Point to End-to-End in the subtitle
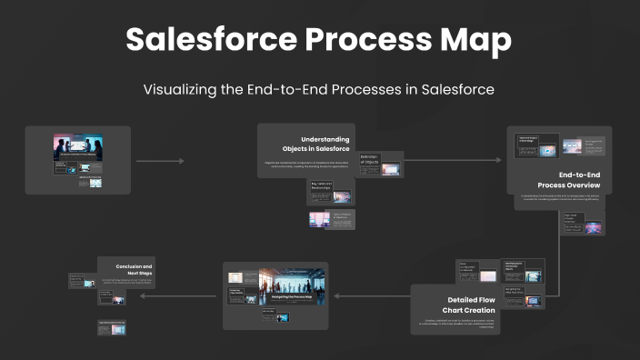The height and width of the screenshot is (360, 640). pyautogui.click(x=305, y=90)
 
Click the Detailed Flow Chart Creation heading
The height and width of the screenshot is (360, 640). pyautogui.click(x=469, y=305)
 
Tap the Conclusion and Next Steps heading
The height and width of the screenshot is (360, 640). pyautogui.click(x=133, y=271)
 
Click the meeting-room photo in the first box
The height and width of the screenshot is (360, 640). pyautogui.click(x=77, y=149)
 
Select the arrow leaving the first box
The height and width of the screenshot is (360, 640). pyautogui.click(x=160, y=161)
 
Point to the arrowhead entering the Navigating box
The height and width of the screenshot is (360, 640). pyautogui.click(x=335, y=295)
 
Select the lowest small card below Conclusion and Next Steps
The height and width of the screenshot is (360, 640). pyautogui.click(x=112, y=327)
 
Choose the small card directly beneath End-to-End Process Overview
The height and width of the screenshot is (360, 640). pyautogui.click(x=583, y=224)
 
